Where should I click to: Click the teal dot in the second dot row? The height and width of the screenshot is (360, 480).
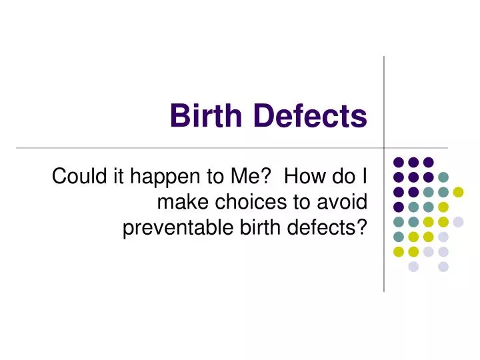[443, 177]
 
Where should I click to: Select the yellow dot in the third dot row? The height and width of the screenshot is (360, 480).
[458, 192]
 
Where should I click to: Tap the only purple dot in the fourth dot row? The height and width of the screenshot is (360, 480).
[398, 207]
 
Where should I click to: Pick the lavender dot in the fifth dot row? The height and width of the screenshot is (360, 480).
[458, 222]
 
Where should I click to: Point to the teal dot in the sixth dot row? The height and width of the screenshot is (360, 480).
[398, 237]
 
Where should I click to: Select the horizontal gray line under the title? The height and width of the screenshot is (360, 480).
[200, 147]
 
